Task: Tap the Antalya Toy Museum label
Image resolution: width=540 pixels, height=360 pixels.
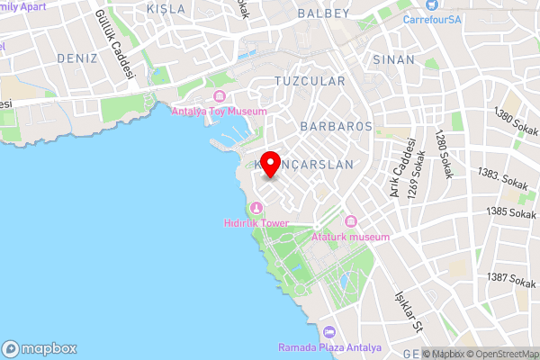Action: tap(220, 112)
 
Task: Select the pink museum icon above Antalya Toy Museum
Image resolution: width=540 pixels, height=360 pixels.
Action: tap(220, 96)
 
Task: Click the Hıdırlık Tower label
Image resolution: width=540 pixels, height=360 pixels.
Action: tap(256, 222)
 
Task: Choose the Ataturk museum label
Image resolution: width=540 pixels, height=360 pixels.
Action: tap(350, 237)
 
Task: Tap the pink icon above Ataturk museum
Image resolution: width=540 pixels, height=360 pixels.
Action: tap(350, 222)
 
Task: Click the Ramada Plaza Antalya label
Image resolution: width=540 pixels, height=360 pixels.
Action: tap(329, 347)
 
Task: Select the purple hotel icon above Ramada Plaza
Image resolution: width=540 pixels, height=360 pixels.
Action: tap(329, 333)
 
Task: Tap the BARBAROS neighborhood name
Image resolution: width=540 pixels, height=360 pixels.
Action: tap(337, 127)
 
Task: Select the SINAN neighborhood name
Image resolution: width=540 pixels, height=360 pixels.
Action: tap(393, 59)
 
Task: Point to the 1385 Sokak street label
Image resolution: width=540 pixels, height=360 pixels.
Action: tap(511, 212)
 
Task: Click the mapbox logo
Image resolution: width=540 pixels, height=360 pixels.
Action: tap(40, 348)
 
